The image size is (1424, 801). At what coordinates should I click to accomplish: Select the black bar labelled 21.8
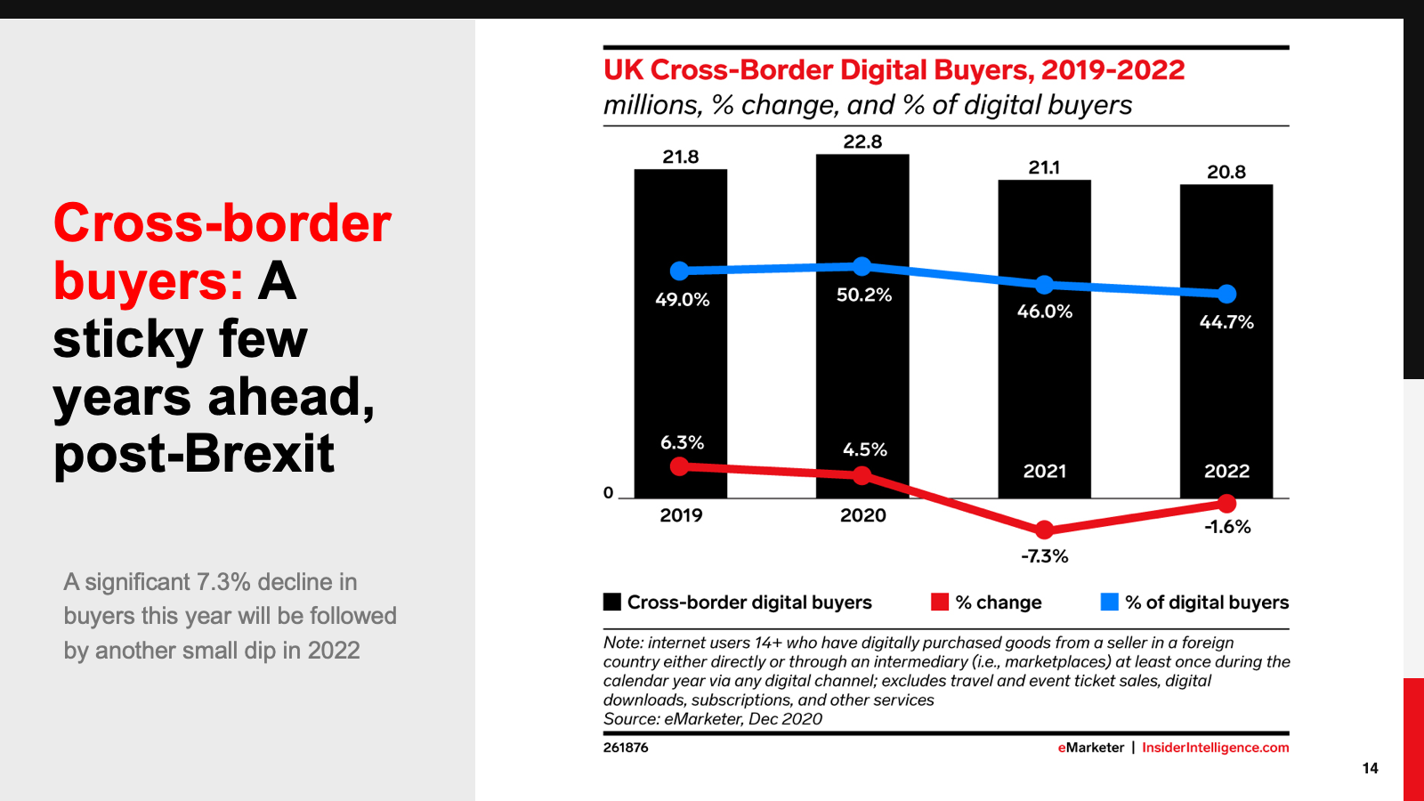(x=680, y=374)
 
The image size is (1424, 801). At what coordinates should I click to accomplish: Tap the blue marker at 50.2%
(x=862, y=266)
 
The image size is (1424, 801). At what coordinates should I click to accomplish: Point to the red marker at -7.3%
(x=1045, y=530)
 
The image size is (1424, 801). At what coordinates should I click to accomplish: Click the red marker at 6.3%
(x=680, y=466)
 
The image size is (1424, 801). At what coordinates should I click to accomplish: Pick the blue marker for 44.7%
(x=1226, y=294)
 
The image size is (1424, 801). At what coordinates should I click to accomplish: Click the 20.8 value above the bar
(x=1226, y=172)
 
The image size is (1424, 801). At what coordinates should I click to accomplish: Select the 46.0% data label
(x=1045, y=311)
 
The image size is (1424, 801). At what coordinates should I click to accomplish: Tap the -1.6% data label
(x=1227, y=527)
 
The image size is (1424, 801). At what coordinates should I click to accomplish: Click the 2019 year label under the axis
(x=681, y=515)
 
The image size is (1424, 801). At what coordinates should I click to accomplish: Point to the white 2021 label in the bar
(x=1045, y=471)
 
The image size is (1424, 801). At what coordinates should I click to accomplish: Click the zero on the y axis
(x=609, y=493)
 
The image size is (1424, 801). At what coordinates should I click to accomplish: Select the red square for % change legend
(x=940, y=603)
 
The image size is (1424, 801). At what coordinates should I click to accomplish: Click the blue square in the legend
(x=1109, y=603)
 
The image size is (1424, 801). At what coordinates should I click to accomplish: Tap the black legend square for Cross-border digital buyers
(x=612, y=603)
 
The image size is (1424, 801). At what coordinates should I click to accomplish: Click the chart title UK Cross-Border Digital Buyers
(x=894, y=70)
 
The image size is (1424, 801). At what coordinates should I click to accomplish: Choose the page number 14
(x=1370, y=768)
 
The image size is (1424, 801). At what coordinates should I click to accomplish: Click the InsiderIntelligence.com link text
(x=1215, y=748)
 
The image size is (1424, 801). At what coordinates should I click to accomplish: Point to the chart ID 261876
(x=626, y=748)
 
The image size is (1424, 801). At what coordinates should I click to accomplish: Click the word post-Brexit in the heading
(x=194, y=454)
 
